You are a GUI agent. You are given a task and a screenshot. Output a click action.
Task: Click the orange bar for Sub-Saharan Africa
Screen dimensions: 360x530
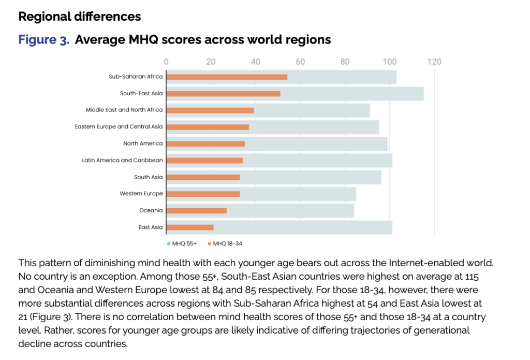[227, 77]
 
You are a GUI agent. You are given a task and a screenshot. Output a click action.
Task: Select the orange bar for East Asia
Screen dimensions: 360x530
[190, 227]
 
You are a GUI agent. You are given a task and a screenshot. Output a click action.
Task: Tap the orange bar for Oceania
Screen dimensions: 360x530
[197, 210]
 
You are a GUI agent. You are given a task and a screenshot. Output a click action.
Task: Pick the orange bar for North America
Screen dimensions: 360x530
[205, 143]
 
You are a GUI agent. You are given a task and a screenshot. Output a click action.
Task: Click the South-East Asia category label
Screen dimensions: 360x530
[141, 93]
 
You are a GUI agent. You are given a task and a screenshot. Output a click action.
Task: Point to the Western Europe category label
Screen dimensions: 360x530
[141, 194]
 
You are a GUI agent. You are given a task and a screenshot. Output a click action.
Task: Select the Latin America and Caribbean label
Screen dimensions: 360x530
[122, 160]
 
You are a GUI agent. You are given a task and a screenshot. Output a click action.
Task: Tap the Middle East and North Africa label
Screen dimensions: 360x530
[124, 110]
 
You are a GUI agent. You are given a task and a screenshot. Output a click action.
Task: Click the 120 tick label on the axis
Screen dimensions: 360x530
[434, 62]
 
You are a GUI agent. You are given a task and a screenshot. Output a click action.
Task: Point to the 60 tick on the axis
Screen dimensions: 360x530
[300, 62]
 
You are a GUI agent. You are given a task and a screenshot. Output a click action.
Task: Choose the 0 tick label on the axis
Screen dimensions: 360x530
[166, 62]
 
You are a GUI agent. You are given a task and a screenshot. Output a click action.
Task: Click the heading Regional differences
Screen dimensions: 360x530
[80, 17]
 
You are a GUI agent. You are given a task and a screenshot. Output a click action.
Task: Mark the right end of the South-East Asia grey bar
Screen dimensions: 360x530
[423, 93]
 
